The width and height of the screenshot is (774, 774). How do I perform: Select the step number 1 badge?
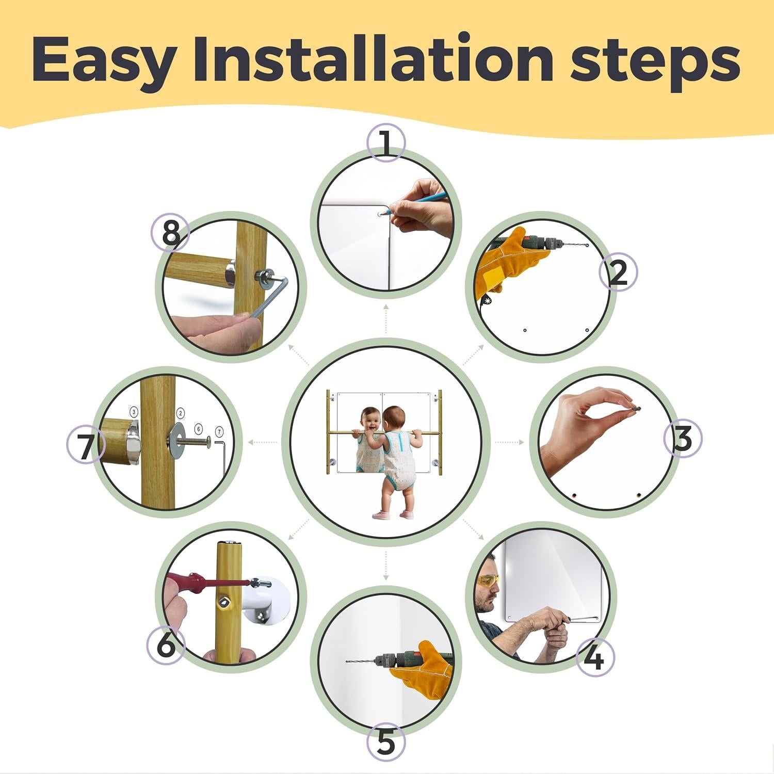(x=386, y=142)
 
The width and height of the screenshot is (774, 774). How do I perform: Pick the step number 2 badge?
(x=618, y=272)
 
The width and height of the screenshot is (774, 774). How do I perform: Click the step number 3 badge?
(x=682, y=440)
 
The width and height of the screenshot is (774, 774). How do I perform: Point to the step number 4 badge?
(x=594, y=657)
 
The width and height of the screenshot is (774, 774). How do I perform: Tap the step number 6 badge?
(x=166, y=645)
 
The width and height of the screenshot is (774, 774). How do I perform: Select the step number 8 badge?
(x=171, y=233)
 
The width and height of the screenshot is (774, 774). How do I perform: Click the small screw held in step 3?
(x=637, y=408)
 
